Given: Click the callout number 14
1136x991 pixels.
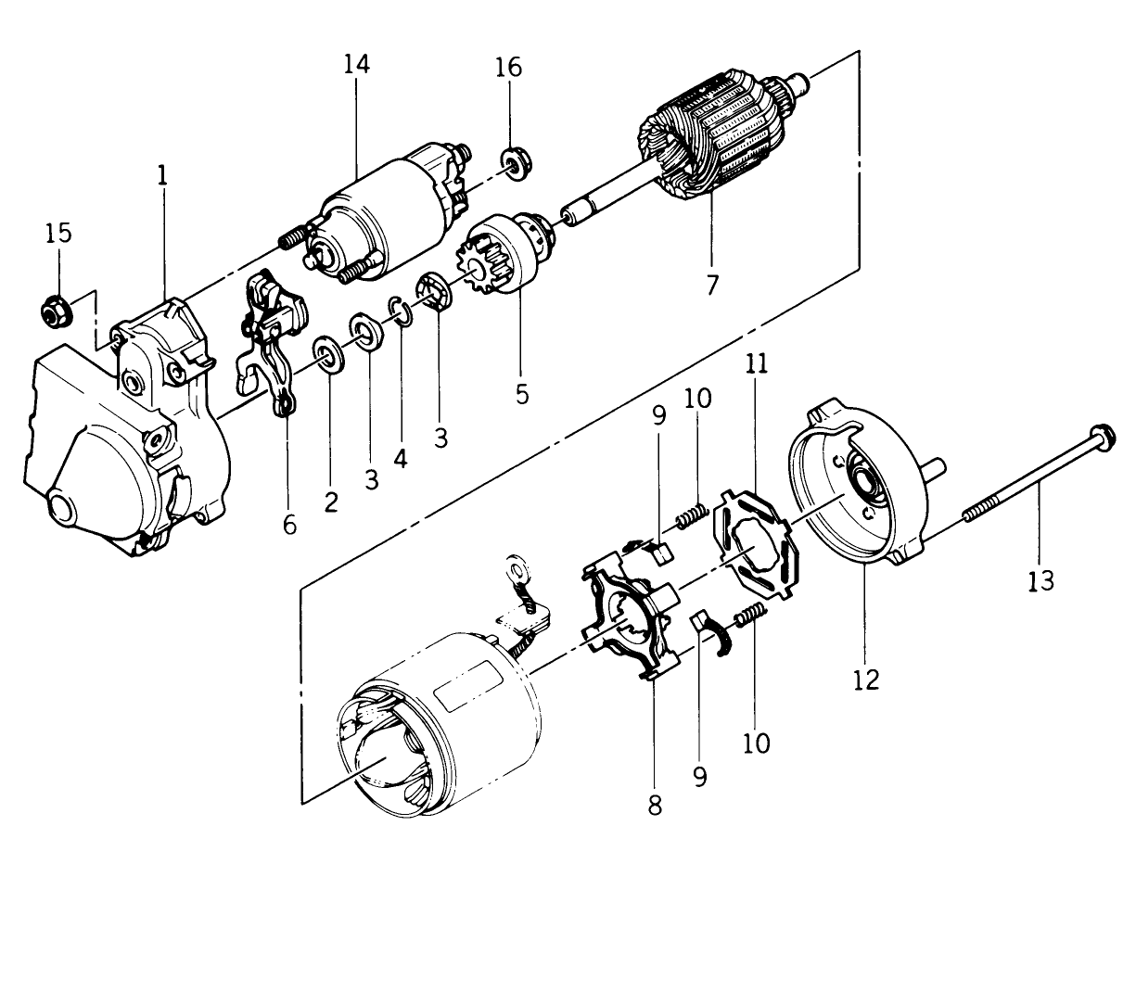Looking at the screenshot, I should pyautogui.click(x=356, y=65).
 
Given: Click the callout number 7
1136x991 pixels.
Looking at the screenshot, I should pyautogui.click(x=711, y=285).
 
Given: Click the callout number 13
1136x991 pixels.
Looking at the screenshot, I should pyautogui.click(x=1040, y=580).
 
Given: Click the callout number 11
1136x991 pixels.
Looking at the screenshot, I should pyautogui.click(x=758, y=364).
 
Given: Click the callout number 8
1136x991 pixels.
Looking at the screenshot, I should pyautogui.click(x=655, y=805).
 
